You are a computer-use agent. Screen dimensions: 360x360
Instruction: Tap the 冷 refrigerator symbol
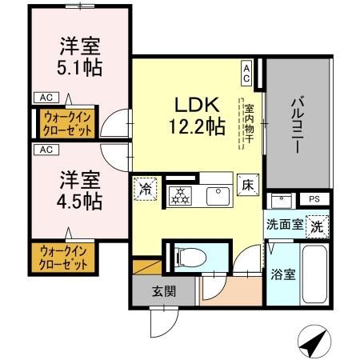pyautogui.click(x=146, y=189)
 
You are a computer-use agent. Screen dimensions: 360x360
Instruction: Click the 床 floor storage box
pyautogui.click(x=246, y=184)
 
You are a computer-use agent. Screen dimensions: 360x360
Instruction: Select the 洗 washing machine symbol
pyautogui.click(x=318, y=226)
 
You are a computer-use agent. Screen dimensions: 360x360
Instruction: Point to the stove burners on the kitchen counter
pyautogui.click(x=181, y=194)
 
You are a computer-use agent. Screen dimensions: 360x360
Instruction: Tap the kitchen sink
pyautogui.click(x=217, y=194)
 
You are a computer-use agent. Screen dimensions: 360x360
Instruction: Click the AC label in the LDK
pyautogui.click(x=246, y=74)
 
